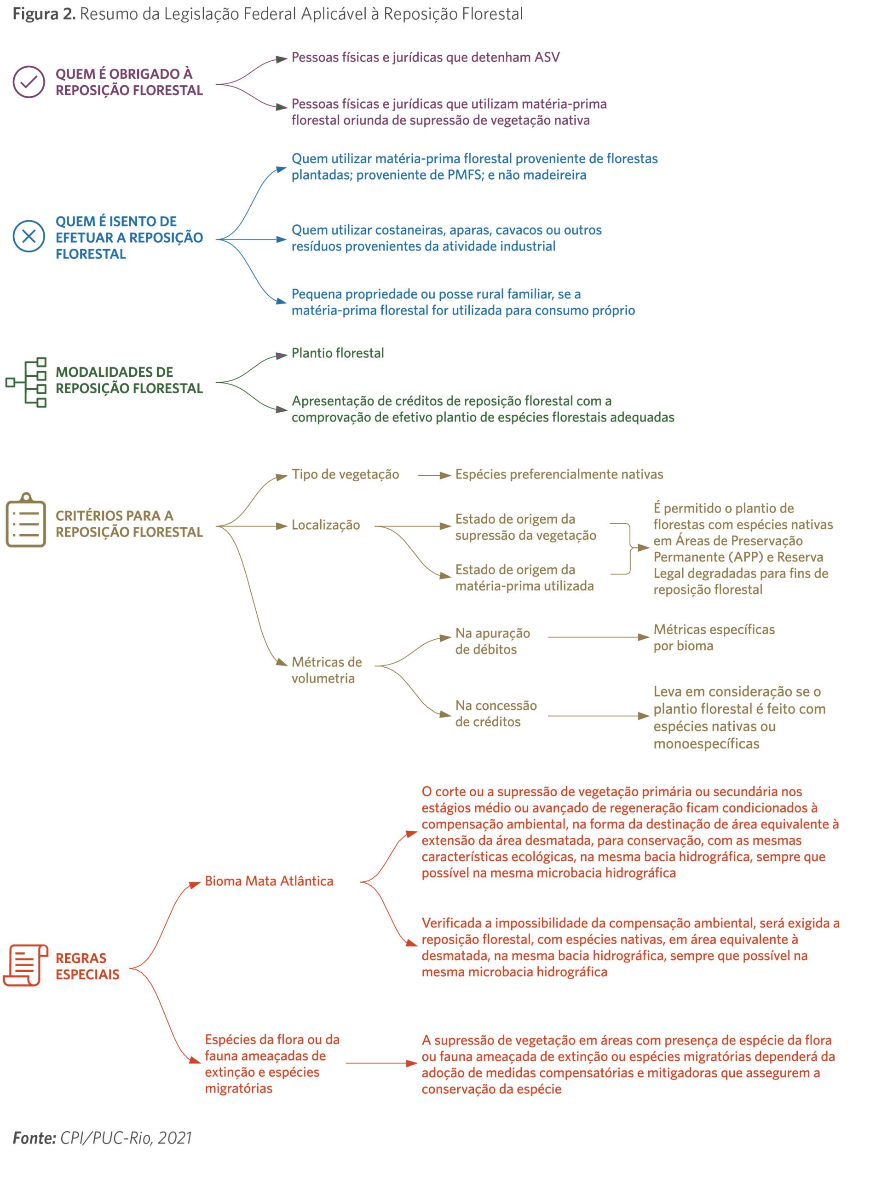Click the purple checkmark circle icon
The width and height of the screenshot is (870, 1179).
pos(29,82)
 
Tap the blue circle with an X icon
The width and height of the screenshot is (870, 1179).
pos(29,236)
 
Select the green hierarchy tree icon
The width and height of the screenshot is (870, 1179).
pos(26,383)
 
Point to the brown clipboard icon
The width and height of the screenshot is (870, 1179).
pos(26,520)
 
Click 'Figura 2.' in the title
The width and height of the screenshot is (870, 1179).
pos(44,14)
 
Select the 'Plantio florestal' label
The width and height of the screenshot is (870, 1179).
pos(338,353)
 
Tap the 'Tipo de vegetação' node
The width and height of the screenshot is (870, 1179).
pos(346,474)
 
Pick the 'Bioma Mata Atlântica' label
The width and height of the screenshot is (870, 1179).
pos(269,881)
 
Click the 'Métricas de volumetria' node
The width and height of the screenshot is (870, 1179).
pos(327,670)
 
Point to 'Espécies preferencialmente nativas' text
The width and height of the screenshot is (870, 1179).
pos(559,474)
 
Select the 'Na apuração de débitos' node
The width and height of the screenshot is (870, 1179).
pos(493,641)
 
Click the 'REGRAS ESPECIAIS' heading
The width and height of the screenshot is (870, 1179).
pos(87,966)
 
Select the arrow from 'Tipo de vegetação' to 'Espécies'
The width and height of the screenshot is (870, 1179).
pos(434,475)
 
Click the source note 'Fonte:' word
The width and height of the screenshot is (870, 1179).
pos(34,1138)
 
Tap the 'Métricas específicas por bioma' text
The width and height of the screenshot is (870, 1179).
pos(714,637)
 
